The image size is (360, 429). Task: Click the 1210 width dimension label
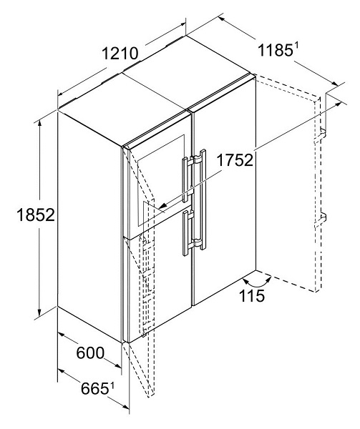click(120, 54)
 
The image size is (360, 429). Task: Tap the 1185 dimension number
click(275, 51)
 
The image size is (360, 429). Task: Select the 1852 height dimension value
click(36, 214)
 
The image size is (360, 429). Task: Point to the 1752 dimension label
click(235, 160)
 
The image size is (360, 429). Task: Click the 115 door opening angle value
click(252, 295)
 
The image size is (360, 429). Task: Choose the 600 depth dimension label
click(90, 353)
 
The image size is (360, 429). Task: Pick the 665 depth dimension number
click(94, 389)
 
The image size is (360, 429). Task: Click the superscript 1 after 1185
click(296, 48)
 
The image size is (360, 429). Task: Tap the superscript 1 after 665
click(112, 386)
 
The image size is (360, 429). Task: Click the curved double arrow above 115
click(257, 283)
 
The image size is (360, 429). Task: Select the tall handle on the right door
click(201, 199)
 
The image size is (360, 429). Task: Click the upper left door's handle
click(185, 179)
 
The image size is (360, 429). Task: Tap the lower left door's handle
click(186, 232)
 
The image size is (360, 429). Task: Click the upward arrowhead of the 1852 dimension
click(40, 124)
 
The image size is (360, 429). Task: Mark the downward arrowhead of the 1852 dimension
click(40, 312)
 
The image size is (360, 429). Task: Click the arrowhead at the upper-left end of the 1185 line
click(223, 19)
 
